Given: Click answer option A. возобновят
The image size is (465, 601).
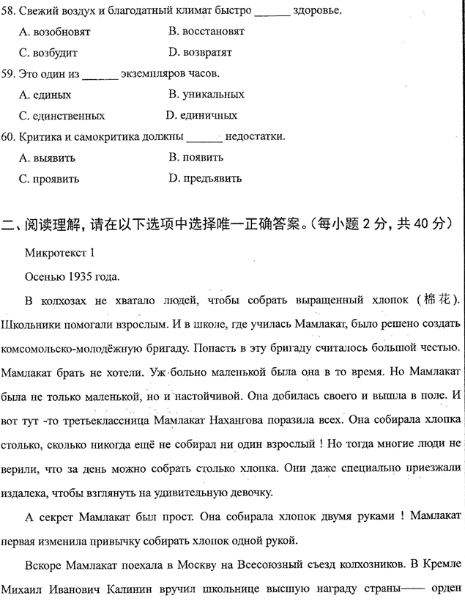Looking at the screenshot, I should (53, 32).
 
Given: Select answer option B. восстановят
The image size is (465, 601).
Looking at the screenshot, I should (206, 32).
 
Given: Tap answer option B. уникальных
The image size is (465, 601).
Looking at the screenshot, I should (206, 95).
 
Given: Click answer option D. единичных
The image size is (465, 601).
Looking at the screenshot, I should (201, 116).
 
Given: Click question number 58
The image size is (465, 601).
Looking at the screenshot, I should (9, 11).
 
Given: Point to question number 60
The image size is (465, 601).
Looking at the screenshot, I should (9, 136).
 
